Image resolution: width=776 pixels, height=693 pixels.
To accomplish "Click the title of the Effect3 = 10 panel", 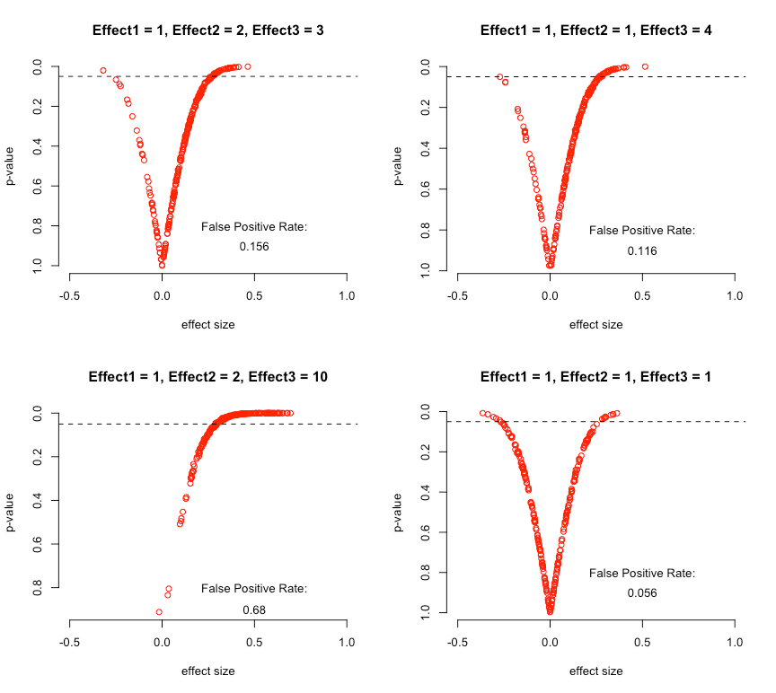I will pos(207,377).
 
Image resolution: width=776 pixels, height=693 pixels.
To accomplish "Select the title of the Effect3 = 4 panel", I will pos(596,31).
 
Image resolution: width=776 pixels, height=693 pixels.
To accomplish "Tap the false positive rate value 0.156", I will pos(254,246).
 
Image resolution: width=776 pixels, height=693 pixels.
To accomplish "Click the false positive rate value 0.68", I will pos(254,610).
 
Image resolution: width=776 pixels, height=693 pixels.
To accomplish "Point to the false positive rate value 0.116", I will pos(642,251).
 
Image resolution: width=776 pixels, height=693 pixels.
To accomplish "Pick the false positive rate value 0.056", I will pos(642,593).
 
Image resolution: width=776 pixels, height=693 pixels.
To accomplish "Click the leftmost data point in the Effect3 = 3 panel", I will pos(103,70).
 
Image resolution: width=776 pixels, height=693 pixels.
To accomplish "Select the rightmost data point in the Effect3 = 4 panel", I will pos(645,66).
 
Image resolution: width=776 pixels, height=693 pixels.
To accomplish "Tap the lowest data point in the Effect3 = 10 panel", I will pos(159,612).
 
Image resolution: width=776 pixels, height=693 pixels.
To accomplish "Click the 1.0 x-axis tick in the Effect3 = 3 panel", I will pos(347,297).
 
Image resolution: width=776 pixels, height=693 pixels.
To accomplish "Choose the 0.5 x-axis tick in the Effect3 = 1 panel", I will pos(642,643).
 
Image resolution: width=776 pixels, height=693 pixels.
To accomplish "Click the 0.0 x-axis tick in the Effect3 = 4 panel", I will pos(550,297).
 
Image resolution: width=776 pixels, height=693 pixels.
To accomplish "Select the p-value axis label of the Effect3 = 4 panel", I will pos(400,167).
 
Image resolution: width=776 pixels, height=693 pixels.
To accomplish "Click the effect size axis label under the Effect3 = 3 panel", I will pos(208,324).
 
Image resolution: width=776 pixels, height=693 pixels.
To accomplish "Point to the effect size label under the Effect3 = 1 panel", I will pos(596,671).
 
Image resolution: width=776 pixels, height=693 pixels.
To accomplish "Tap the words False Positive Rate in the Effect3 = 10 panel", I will pos(254,589).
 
